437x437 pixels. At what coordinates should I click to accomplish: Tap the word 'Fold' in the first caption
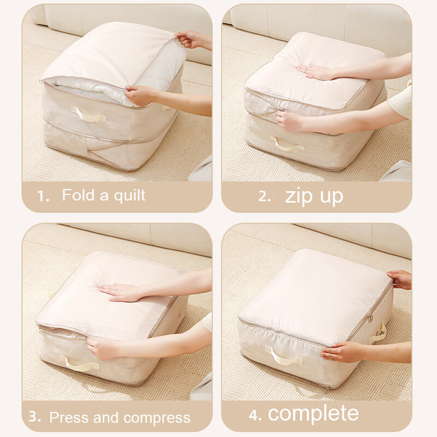[78, 194]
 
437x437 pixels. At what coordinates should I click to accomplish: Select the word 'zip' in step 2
[298, 197]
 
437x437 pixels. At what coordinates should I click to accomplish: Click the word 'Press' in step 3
[70, 417]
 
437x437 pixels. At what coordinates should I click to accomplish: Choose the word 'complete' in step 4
[313, 413]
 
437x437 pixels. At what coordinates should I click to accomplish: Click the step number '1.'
[43, 196]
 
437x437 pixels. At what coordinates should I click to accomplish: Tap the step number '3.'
[35, 417]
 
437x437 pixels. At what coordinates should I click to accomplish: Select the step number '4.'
[255, 415]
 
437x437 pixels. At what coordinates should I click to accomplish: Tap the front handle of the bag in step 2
[287, 144]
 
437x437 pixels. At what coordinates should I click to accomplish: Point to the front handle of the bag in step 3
[79, 363]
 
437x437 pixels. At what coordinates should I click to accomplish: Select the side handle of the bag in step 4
[378, 334]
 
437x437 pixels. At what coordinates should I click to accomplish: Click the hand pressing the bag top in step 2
[315, 72]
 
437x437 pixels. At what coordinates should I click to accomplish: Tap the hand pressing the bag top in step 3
[120, 293]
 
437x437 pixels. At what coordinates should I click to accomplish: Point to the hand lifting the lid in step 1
[190, 39]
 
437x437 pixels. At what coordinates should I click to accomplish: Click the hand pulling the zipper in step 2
[290, 121]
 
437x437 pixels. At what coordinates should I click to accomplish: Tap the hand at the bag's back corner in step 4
[400, 279]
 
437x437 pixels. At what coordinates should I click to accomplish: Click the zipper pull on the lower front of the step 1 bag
[88, 153]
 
